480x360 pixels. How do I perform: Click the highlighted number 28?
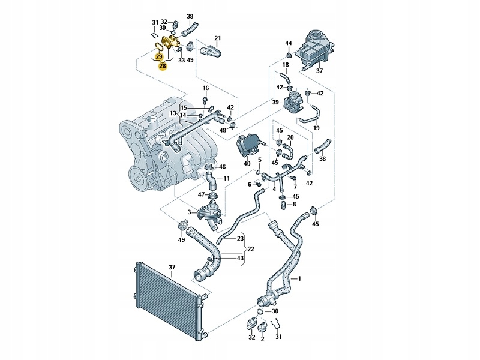tap(162, 66)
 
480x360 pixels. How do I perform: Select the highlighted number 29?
tap(159, 56)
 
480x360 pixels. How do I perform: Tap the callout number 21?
tap(218, 39)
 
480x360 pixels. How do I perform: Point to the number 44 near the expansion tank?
tap(289, 43)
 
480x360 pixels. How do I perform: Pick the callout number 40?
tap(247, 164)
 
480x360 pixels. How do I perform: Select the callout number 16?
tap(205, 88)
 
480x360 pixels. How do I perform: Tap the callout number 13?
tap(173, 113)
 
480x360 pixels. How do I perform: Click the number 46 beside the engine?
tap(222, 167)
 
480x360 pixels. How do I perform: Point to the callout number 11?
tap(226, 179)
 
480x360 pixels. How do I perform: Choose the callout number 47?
tap(202, 194)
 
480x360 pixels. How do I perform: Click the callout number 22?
tap(251, 248)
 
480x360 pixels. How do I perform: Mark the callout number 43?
tap(240, 258)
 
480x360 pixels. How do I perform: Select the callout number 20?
tap(290, 137)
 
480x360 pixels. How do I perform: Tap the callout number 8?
tap(294, 204)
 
